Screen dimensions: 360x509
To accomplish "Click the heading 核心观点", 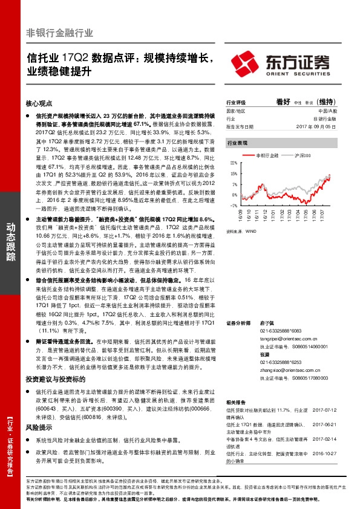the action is click(x=40, y=103).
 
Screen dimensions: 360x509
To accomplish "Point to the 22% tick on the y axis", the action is click(x=234, y=163).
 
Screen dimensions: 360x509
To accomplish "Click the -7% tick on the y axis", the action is click(x=234, y=206).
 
